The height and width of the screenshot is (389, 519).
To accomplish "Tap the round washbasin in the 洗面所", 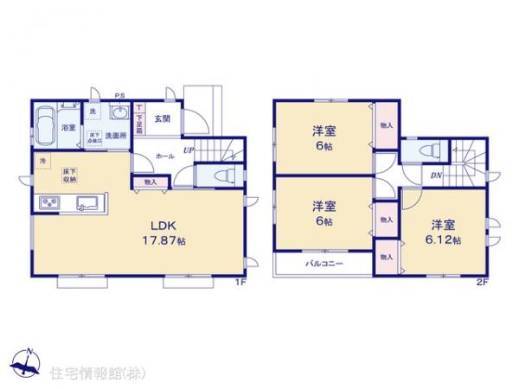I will (119, 116).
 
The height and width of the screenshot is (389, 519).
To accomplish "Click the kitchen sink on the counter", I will (86, 203).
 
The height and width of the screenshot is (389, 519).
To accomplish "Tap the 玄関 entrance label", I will (163, 119).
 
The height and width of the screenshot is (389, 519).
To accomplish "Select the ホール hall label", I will (165, 156).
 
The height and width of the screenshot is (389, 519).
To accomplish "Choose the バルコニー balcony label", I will (324, 264).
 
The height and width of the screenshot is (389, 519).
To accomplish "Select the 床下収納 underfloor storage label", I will (67, 176).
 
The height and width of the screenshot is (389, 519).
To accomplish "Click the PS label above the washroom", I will (120, 96).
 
